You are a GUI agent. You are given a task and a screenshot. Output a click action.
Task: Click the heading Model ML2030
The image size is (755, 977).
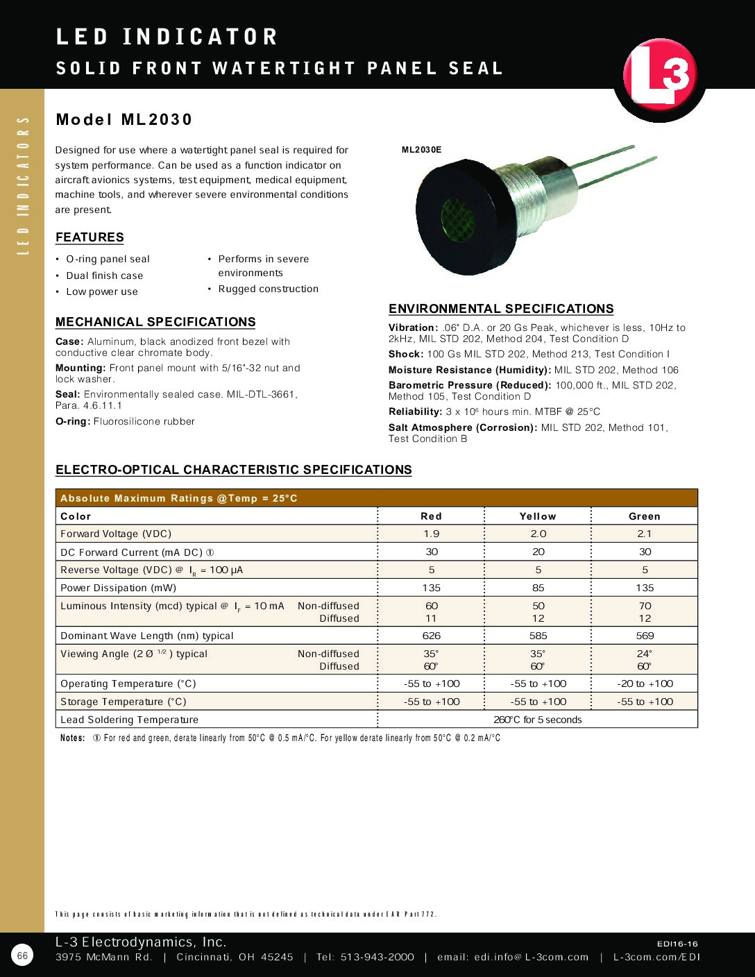(x=124, y=119)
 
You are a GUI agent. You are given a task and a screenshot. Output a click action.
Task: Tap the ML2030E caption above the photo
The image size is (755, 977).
(x=421, y=150)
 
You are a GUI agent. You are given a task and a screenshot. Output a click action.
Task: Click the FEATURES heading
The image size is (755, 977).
(x=90, y=237)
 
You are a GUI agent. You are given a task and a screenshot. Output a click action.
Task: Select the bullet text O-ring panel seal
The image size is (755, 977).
(x=108, y=259)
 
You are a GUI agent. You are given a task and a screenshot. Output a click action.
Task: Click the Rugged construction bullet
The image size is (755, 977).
(x=268, y=289)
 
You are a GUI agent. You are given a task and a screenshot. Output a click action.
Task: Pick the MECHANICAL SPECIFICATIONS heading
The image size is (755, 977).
(x=155, y=322)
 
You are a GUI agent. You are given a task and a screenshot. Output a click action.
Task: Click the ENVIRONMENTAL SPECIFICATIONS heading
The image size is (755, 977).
(x=501, y=309)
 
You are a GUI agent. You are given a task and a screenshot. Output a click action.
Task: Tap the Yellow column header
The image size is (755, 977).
(x=538, y=516)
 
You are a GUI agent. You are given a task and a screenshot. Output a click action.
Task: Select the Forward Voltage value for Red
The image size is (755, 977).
(x=432, y=534)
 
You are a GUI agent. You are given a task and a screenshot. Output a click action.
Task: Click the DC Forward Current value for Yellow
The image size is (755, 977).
(x=538, y=552)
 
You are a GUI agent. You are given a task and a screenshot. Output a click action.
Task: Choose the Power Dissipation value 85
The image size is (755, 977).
(x=538, y=588)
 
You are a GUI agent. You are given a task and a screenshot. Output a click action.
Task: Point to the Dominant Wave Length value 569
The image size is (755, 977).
(x=645, y=636)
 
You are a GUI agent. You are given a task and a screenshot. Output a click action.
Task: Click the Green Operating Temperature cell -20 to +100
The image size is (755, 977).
(x=645, y=683)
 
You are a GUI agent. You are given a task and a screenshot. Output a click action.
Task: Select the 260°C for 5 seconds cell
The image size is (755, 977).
(x=538, y=720)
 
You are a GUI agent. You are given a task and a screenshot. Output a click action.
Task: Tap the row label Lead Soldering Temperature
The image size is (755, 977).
(x=129, y=720)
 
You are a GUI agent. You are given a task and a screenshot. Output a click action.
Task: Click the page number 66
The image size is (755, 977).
(x=22, y=955)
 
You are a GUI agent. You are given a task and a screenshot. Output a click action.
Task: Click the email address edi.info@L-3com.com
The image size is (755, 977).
(x=531, y=957)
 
